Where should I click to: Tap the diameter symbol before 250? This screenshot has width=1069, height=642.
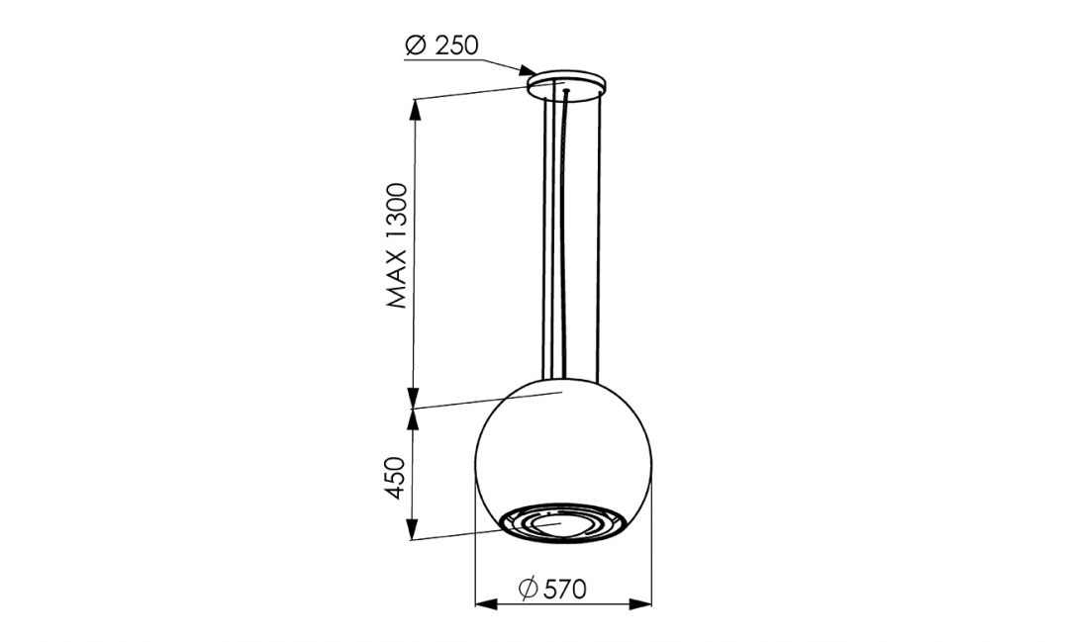(x=416, y=46)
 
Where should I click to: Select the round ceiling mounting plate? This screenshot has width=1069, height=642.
(x=567, y=85)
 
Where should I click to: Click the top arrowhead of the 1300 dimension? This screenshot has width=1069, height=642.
(x=415, y=105)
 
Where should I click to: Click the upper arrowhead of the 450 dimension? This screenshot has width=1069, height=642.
(x=415, y=417)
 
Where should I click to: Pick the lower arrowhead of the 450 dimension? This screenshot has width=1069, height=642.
(x=415, y=532)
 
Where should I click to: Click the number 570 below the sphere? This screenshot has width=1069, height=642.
(x=566, y=590)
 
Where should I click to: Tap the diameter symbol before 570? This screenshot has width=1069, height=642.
(x=529, y=590)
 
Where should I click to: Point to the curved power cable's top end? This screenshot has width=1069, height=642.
(x=564, y=95)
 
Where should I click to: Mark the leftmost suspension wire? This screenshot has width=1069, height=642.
(x=541, y=237)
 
